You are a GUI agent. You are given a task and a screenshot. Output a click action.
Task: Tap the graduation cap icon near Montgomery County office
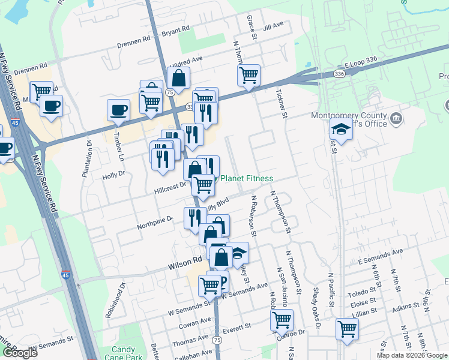[x=341, y=129]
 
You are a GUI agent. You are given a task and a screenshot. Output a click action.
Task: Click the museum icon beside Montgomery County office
[x=396, y=118]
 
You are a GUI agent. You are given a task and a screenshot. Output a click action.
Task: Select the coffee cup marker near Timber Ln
[x=118, y=110]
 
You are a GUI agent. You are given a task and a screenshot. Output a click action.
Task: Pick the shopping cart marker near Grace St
[x=249, y=75]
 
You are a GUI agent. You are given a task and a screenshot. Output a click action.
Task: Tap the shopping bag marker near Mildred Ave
[x=178, y=77]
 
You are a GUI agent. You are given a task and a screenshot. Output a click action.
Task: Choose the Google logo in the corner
[x=20, y=353]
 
